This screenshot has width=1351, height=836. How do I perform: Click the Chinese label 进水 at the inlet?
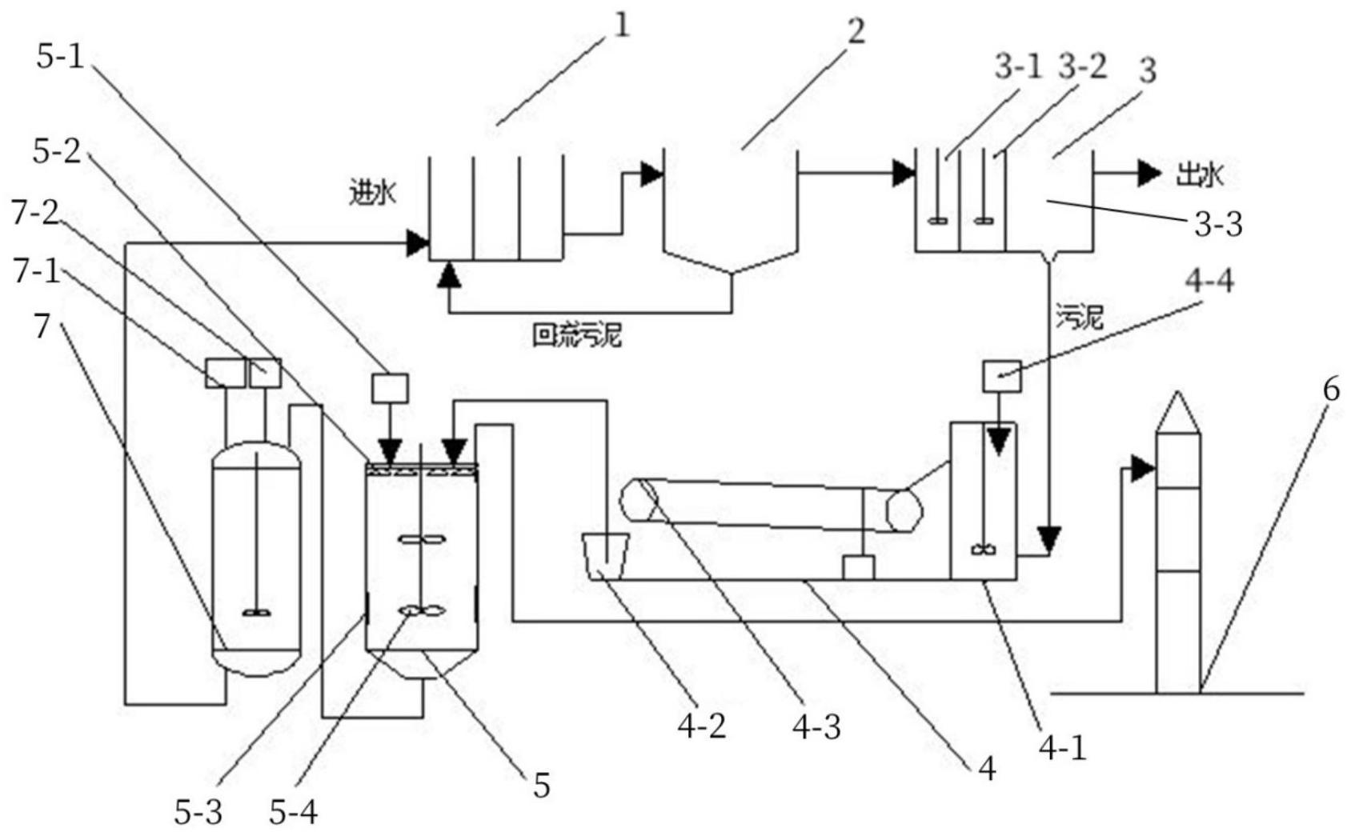372,193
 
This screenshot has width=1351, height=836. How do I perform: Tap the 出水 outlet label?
1199,174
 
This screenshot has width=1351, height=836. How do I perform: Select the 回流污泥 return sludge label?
576,335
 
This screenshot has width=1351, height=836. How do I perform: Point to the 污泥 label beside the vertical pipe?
1080,318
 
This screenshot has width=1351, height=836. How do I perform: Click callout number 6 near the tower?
1330,390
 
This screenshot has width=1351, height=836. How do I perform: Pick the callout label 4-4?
1209,282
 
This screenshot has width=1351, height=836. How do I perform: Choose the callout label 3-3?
1218,225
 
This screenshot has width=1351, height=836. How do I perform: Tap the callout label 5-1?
60,57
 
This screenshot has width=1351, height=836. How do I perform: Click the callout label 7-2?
36,214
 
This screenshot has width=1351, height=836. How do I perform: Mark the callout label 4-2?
702,726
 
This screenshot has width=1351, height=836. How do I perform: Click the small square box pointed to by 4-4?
1002,376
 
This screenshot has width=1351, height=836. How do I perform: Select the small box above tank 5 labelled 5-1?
391,389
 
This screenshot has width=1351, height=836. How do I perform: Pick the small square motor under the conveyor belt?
858,567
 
